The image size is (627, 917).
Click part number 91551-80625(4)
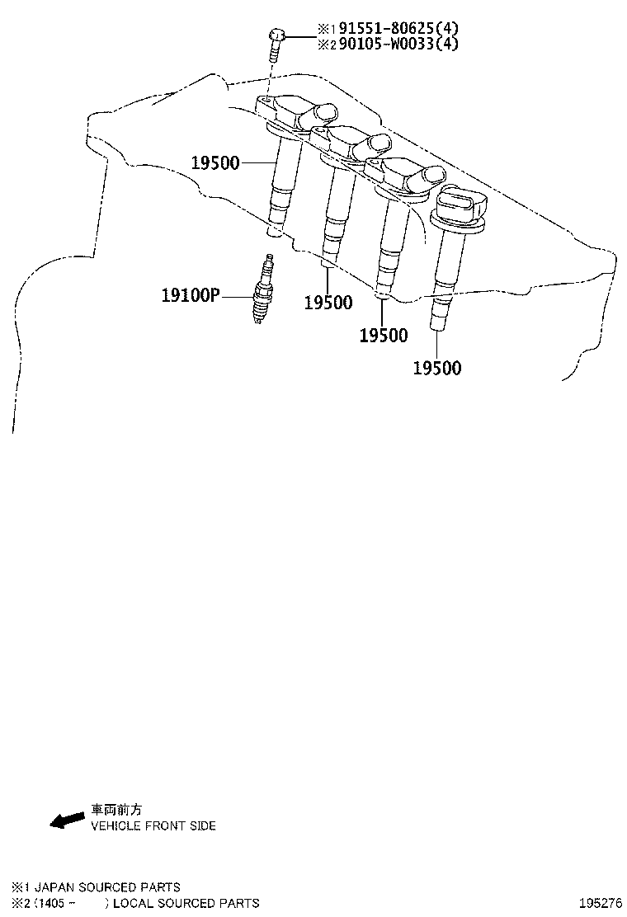coord(399,27)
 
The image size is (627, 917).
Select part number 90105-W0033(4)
coord(399,43)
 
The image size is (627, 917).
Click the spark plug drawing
coord(262,289)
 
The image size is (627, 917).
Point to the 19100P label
coord(190,295)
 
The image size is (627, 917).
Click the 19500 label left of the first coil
coord(215,163)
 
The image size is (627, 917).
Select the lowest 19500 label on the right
coord(437,368)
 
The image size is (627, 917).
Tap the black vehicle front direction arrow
coord(67,820)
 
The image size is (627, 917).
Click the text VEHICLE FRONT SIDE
coord(153,825)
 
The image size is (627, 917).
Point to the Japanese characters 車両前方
coord(116,810)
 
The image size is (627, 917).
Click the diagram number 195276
coord(601,903)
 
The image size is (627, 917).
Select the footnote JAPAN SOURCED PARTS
coord(107,887)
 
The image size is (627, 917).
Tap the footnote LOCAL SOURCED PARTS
coord(186,903)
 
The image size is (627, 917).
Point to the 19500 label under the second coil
coord(328,303)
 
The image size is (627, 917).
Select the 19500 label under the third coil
coord(383,335)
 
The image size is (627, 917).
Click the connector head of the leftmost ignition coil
coord(297,112)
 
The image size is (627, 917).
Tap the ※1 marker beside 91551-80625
coord(327,28)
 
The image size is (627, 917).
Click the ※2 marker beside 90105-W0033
coord(327,44)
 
